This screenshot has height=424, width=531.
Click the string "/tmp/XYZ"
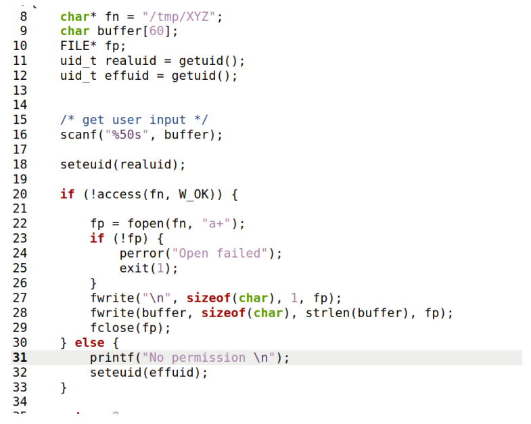coord(183,16)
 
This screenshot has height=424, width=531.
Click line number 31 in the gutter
coord(20,358)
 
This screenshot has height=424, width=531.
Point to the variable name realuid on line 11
coord(131,61)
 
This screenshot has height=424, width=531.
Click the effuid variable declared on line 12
coord(127,76)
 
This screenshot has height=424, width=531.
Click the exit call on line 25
coord(134,268)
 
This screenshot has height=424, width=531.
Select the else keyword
coord(89,343)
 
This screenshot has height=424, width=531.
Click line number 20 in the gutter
coord(20,194)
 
